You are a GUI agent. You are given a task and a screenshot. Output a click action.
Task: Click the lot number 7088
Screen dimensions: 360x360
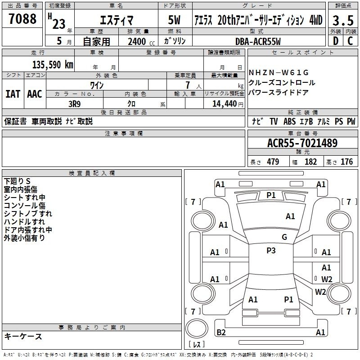(x=22, y=18)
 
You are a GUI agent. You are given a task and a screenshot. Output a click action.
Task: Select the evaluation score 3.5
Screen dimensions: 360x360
(x=343, y=20)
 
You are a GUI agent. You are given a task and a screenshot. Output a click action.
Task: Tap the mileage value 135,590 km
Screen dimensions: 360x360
(x=53, y=65)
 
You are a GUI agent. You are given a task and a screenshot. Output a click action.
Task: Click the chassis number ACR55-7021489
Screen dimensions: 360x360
(x=302, y=143)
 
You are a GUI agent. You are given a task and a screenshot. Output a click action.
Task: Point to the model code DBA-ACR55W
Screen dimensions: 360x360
(x=258, y=41)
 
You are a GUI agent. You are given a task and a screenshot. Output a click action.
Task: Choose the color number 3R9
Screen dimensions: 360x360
(x=74, y=104)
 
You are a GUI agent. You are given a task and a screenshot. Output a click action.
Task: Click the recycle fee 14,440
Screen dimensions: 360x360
(x=225, y=104)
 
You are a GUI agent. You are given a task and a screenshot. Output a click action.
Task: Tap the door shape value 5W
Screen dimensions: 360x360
(x=174, y=20)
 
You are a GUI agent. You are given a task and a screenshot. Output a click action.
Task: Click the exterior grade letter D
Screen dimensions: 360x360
(x=336, y=41)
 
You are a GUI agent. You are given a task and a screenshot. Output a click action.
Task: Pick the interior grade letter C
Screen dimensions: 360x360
(x=350, y=41)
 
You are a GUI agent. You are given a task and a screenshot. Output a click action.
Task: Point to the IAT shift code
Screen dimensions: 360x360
(x=13, y=94)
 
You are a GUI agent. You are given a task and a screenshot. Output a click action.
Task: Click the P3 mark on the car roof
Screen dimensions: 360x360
(x=271, y=251)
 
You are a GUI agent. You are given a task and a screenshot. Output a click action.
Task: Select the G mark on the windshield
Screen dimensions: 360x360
(x=284, y=237)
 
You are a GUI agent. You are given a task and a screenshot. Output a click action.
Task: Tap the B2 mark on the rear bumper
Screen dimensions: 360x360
(x=221, y=332)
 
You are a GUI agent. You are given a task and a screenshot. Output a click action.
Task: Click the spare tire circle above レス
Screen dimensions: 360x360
(x=197, y=328)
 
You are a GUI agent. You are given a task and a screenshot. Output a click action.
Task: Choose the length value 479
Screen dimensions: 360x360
(x=273, y=162)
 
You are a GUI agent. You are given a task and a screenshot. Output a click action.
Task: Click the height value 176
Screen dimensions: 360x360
(x=346, y=162)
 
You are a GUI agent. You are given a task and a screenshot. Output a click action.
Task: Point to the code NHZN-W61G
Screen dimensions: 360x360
(x=279, y=73)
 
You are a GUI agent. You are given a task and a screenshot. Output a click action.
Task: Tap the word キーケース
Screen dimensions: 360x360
(x=23, y=336)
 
